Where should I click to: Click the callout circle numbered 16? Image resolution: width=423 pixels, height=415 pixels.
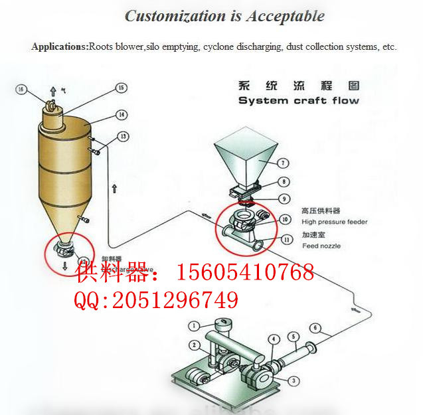pyautogui.click(x=21, y=88)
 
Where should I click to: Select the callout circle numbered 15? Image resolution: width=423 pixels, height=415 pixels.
pyautogui.click(x=121, y=88)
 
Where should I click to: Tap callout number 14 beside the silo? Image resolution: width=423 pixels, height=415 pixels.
pyautogui.click(x=121, y=115)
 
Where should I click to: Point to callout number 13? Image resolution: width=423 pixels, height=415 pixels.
pyautogui.click(x=123, y=136)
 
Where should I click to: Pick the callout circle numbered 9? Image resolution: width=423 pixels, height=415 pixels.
pyautogui.click(x=283, y=198)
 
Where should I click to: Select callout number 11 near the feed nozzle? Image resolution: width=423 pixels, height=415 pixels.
pyautogui.click(x=286, y=239)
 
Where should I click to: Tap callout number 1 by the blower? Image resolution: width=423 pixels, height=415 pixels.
pyautogui.click(x=193, y=325)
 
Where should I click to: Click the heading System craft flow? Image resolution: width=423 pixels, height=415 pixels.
pyautogui.click(x=298, y=101)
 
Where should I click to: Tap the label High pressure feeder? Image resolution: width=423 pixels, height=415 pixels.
pyautogui.click(x=334, y=222)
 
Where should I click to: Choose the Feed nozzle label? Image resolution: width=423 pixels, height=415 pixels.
pyautogui.click(x=321, y=246)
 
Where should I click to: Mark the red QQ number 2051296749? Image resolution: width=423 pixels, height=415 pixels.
pyautogui.click(x=175, y=301)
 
